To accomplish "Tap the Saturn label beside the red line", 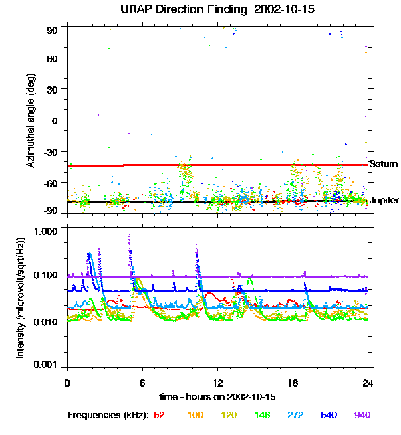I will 384,164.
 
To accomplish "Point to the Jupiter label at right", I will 384,200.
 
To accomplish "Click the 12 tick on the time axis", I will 217,383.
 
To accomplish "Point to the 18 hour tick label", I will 293,383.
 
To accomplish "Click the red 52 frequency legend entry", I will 159,415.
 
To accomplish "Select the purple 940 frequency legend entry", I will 362,415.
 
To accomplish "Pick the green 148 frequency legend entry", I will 263,415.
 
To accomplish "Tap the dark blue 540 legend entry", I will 329,415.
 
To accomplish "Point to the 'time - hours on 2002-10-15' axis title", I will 217,397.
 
